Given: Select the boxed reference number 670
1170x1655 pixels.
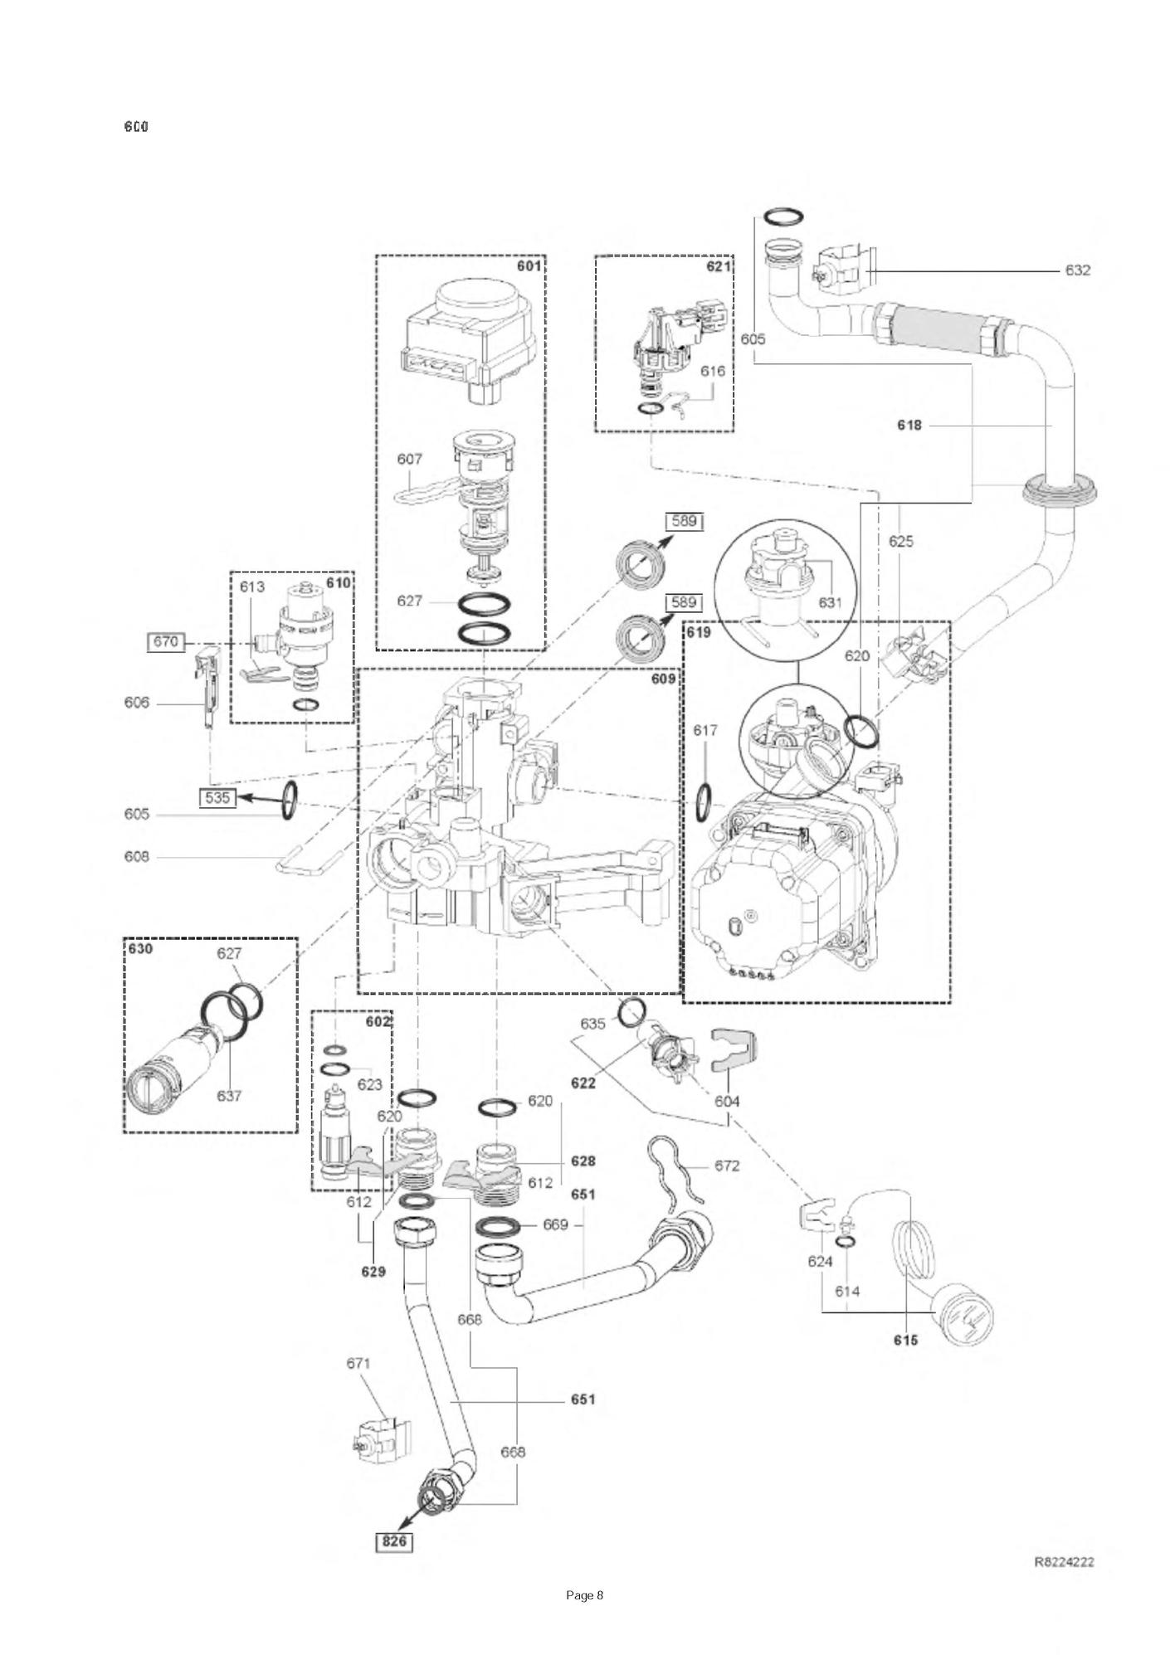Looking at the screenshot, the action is point(165,641).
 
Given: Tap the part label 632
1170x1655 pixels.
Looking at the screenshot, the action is point(1077,270).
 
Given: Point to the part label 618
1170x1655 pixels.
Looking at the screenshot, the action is point(909,426).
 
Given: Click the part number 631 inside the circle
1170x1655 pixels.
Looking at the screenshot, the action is point(830,602).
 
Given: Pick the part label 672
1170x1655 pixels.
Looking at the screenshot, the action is point(726,1166).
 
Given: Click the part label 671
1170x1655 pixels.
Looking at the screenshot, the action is point(358,1362).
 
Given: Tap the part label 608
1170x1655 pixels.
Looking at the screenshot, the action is point(136,856).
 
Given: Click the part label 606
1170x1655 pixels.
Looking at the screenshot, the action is point(136,703).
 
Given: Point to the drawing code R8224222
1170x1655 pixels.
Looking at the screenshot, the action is point(1064,1561).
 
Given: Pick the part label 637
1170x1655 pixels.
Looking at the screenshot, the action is point(229,1096).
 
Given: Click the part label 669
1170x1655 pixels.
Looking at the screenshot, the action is point(555,1224).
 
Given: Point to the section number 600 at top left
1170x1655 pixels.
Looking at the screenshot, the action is point(136,127).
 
